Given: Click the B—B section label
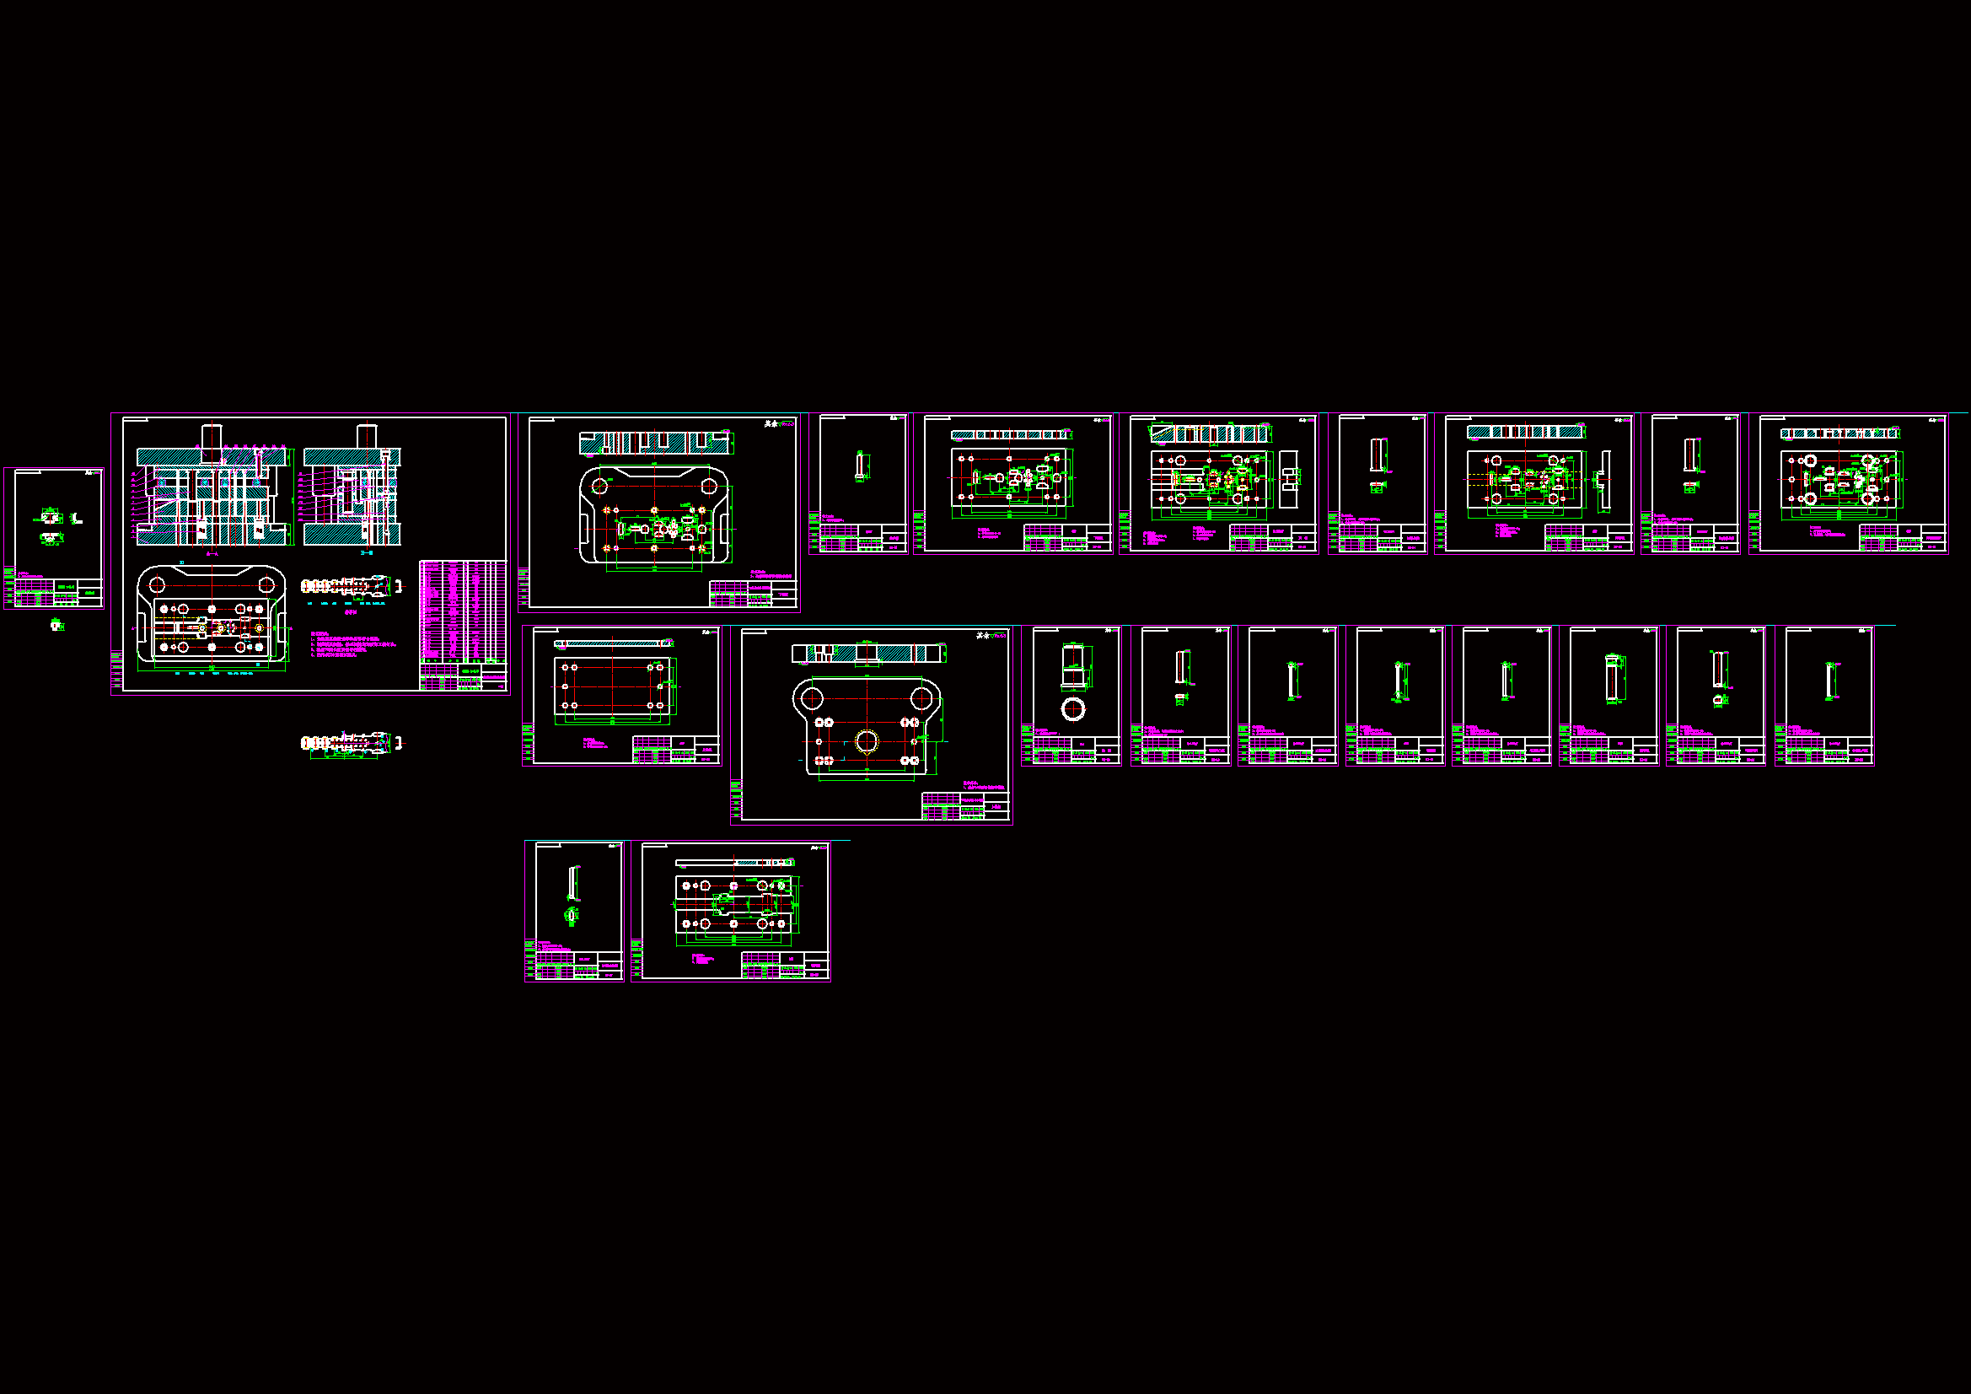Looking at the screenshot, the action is (x=367, y=553).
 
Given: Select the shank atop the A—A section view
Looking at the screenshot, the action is (x=212, y=436).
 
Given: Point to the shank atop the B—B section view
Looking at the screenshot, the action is (x=367, y=436).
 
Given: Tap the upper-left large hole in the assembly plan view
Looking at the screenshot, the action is (x=157, y=585).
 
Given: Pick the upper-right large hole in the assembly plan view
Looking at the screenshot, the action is (x=266, y=585).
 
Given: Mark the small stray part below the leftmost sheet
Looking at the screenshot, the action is (x=56, y=625).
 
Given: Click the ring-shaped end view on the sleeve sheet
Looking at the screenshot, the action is (x=1073, y=709).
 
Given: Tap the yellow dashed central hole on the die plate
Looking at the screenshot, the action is (x=866, y=740).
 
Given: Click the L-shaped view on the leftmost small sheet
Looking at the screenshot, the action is (x=77, y=518).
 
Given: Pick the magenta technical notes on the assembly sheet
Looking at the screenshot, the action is (x=352, y=644).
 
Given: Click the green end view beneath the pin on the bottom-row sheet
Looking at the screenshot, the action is (x=571, y=916).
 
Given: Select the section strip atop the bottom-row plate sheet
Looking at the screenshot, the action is (x=734, y=863).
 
